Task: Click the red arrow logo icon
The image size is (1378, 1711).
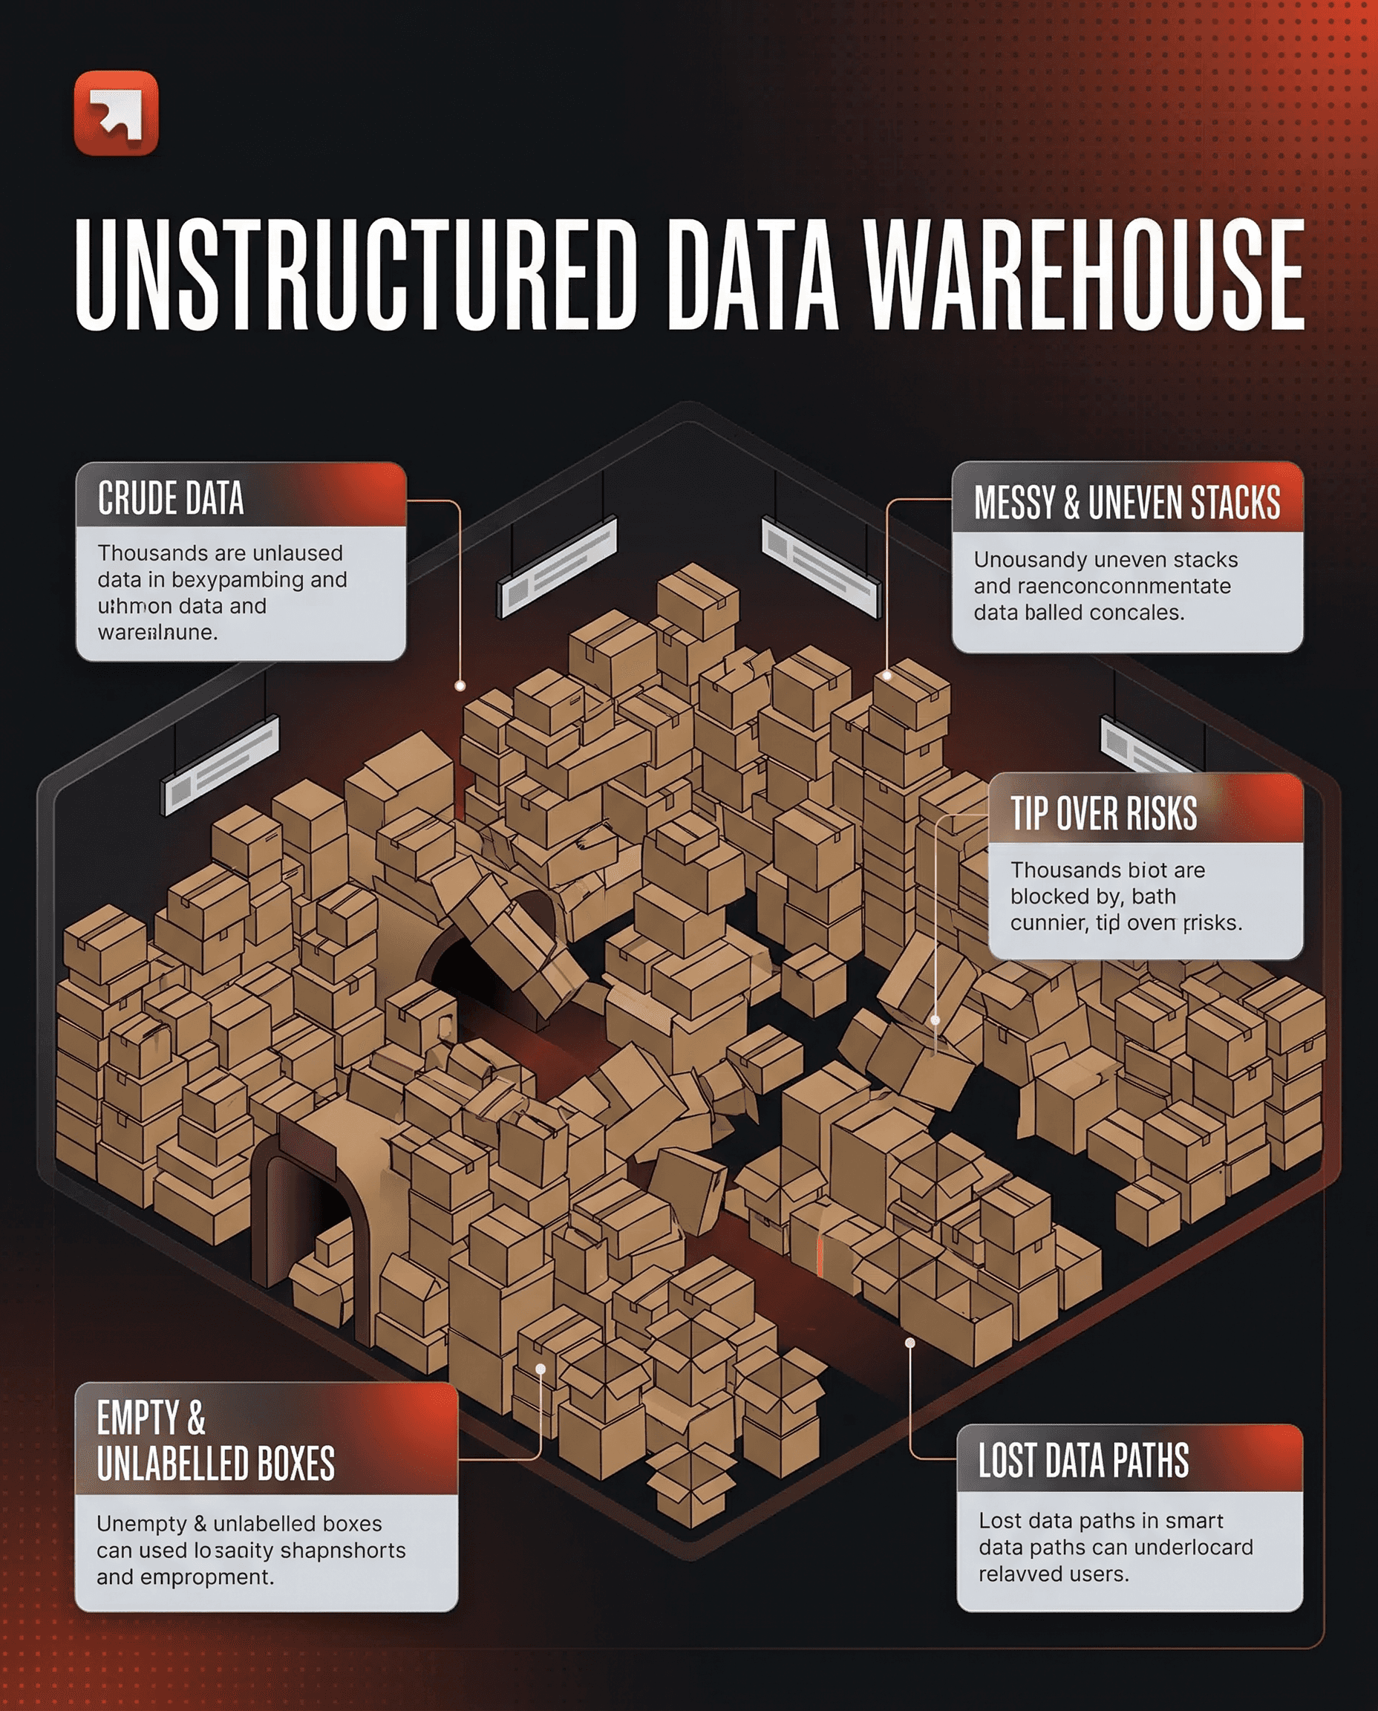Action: (116, 113)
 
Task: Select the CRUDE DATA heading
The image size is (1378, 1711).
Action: (171, 498)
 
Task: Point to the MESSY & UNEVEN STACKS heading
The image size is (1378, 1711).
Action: (1126, 503)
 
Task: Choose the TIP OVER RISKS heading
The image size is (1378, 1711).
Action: (1103, 814)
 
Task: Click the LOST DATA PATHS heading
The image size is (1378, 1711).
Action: (1083, 1460)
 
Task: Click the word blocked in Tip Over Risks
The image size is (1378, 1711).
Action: (1053, 896)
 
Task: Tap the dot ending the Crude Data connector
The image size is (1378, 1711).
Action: (460, 685)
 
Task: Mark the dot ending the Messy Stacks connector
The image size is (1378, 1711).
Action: (886, 676)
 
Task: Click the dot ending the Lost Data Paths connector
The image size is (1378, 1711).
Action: (910, 1343)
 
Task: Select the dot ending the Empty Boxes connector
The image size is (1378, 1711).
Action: (541, 1369)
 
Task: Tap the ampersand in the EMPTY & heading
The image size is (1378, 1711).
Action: (196, 1418)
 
